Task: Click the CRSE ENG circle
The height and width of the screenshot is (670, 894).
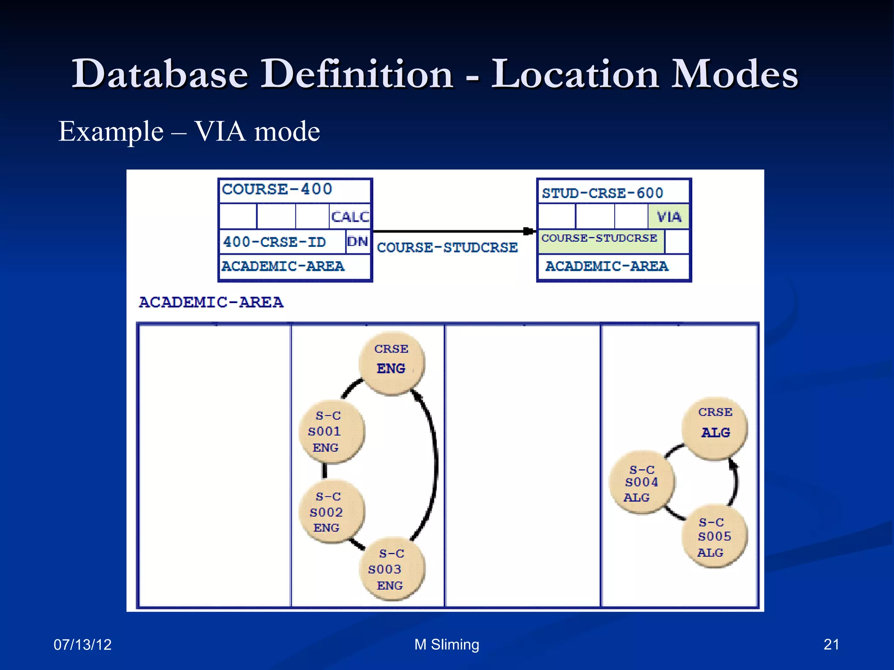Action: click(392, 363)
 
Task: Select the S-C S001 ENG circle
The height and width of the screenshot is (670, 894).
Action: click(331, 431)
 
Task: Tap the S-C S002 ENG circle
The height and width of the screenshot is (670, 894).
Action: click(331, 512)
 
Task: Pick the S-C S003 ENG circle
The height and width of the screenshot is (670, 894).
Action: click(392, 569)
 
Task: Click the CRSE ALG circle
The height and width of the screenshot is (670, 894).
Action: click(715, 427)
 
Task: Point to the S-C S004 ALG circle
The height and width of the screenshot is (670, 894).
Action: click(642, 482)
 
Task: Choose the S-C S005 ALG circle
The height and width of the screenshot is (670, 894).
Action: click(714, 537)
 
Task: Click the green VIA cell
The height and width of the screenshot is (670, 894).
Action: click(668, 217)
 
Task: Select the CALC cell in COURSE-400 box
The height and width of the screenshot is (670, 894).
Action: click(350, 217)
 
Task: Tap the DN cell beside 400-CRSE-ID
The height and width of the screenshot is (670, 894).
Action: click(358, 242)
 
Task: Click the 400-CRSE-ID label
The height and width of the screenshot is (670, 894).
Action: click(275, 242)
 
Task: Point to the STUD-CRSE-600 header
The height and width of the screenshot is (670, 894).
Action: click(602, 193)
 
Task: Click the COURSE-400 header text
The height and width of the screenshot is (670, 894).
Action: click(277, 189)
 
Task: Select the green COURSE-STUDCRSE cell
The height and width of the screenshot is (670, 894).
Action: click(600, 241)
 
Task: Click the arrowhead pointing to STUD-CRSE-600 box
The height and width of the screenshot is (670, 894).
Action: click(529, 231)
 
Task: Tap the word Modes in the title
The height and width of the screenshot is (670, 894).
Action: click(734, 74)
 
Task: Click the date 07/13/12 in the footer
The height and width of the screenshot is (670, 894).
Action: click(83, 644)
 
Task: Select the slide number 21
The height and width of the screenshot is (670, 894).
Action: click(831, 644)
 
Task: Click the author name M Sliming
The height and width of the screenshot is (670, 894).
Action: click(447, 644)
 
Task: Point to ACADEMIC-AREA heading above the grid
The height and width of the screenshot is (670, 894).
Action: click(211, 302)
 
